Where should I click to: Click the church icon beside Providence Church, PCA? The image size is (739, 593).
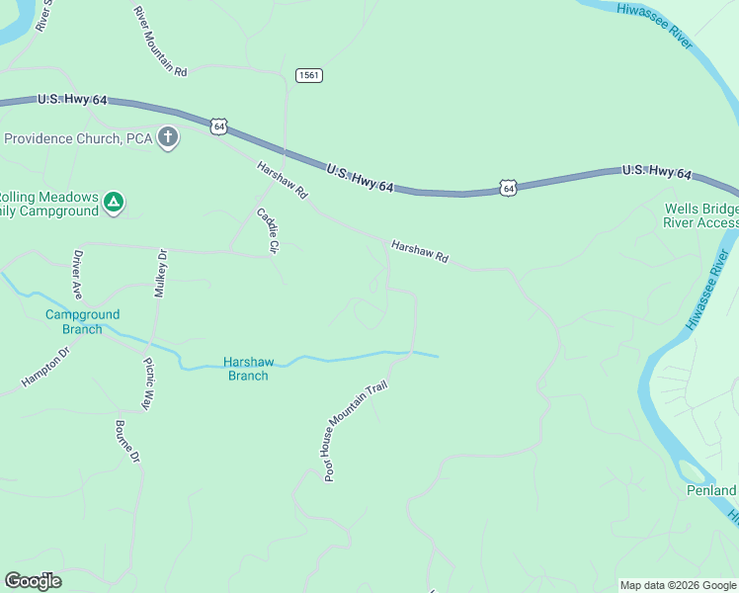coord(168,138)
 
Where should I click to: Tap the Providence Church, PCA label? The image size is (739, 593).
coord(78,138)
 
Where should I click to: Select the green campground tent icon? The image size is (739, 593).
coord(115,204)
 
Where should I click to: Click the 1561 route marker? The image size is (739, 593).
coord(309,75)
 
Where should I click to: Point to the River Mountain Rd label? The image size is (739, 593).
coord(160,41)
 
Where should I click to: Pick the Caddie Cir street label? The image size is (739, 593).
coord(269,229)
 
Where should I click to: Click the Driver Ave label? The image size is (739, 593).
coord(77,274)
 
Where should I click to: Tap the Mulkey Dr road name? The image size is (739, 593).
coord(161,274)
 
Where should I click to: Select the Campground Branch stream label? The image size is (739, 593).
coord(83,322)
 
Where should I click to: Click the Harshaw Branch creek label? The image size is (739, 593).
coord(247,369)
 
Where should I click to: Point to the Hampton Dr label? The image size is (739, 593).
coord(45,367)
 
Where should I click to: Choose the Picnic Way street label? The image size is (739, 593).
coord(149,383)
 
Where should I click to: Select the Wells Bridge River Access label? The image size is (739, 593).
coord(700,215)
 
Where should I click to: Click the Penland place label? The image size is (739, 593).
coord(711,490)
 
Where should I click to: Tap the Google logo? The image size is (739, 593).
coord(33,581)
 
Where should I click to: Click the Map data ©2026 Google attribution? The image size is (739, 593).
coord(678,585)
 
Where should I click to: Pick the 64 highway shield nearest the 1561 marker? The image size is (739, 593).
coord(218,126)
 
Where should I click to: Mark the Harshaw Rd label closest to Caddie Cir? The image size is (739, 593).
coord(283,178)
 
